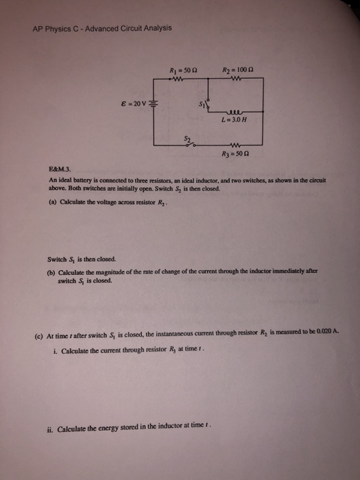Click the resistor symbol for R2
tap(235, 78)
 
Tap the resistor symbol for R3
tap(235, 144)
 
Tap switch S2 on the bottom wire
tap(193, 144)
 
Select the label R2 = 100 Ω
tap(236, 69)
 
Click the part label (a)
tap(45, 202)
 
